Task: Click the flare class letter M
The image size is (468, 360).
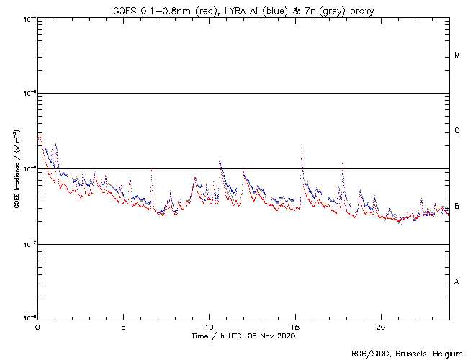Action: pyautogui.click(x=457, y=55)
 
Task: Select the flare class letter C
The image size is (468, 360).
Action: pyautogui.click(x=457, y=131)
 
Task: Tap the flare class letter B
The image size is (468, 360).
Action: pyautogui.click(x=457, y=207)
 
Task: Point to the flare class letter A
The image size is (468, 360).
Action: pyautogui.click(x=457, y=282)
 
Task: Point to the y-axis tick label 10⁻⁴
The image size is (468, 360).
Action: pyautogui.click(x=28, y=18)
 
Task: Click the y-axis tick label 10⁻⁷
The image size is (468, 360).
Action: pyautogui.click(x=28, y=244)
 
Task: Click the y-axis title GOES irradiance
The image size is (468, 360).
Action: pyautogui.click(x=16, y=168)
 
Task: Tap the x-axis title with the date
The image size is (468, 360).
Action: pyautogui.click(x=243, y=336)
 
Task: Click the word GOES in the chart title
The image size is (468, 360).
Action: pyautogui.click(x=125, y=9)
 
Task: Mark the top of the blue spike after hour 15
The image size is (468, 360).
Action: pyautogui.click(x=300, y=148)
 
